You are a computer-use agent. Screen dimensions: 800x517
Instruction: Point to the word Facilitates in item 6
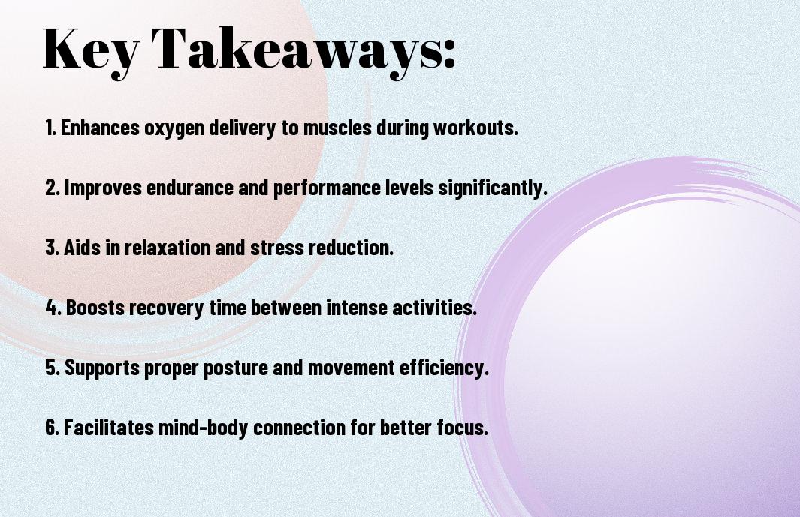click(109, 427)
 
